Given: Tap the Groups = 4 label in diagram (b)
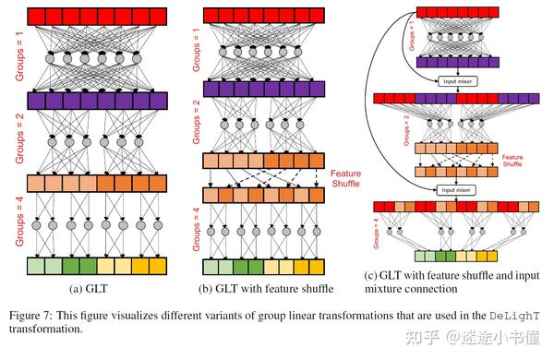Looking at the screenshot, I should pos(195,229).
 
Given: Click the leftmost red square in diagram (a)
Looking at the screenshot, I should pos(36,16).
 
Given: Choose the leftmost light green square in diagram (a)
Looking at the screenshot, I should pos(36,267).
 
